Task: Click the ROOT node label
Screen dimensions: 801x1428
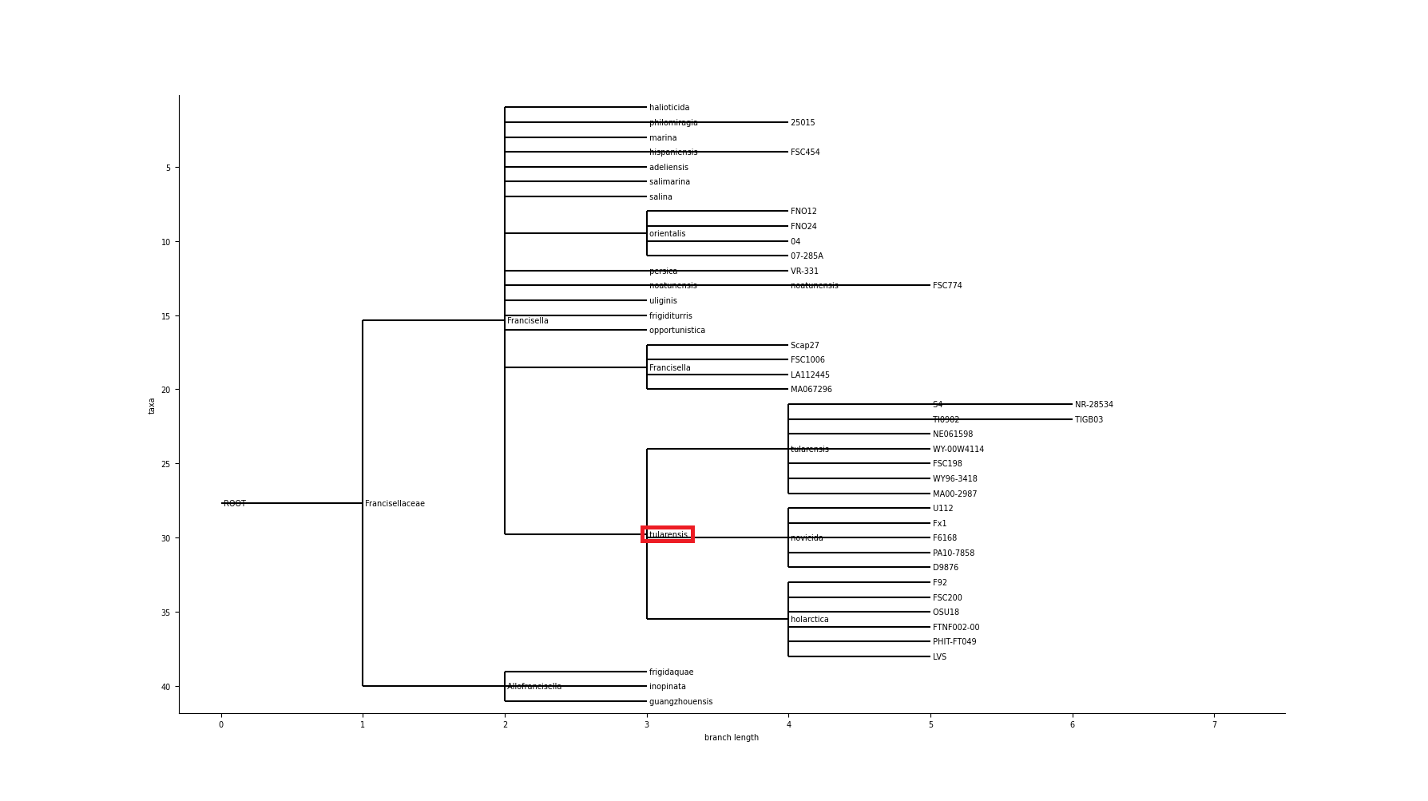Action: coord(235,504)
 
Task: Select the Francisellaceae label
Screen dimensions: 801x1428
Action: coord(395,504)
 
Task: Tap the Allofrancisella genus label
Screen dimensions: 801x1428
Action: coord(534,687)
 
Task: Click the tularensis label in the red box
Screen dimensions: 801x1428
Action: coord(668,535)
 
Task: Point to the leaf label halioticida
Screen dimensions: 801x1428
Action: coord(669,108)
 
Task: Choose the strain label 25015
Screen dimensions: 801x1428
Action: coord(803,123)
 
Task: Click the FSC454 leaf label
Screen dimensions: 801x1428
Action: coord(805,153)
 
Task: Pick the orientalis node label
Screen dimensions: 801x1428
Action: coord(667,234)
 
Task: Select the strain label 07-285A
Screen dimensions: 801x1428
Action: coord(807,256)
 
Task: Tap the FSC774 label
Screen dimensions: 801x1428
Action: coord(947,286)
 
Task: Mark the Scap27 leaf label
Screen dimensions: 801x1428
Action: coord(805,346)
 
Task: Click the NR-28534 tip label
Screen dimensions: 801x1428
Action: coord(1093,405)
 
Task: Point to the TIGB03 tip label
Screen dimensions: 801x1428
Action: coord(1089,420)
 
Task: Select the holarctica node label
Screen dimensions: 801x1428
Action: coord(810,620)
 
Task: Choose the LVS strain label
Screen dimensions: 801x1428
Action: coord(939,657)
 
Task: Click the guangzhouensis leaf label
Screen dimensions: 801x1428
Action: coord(680,702)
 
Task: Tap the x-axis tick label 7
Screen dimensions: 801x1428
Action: coord(1214,725)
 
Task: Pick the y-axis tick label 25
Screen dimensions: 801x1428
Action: coord(165,465)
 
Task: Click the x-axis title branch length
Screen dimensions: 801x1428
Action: coord(732,738)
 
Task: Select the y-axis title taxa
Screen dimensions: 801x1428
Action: coord(152,406)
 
